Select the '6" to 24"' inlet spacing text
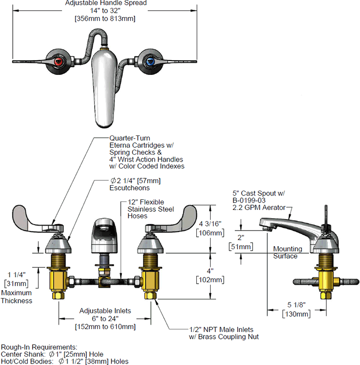[x=105, y=318]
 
